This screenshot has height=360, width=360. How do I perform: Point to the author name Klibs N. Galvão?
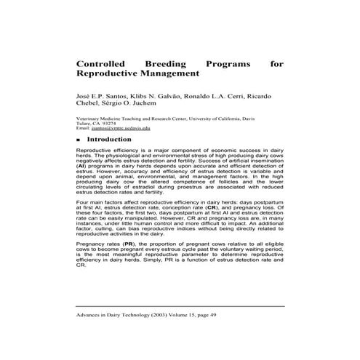[x=148, y=95]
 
